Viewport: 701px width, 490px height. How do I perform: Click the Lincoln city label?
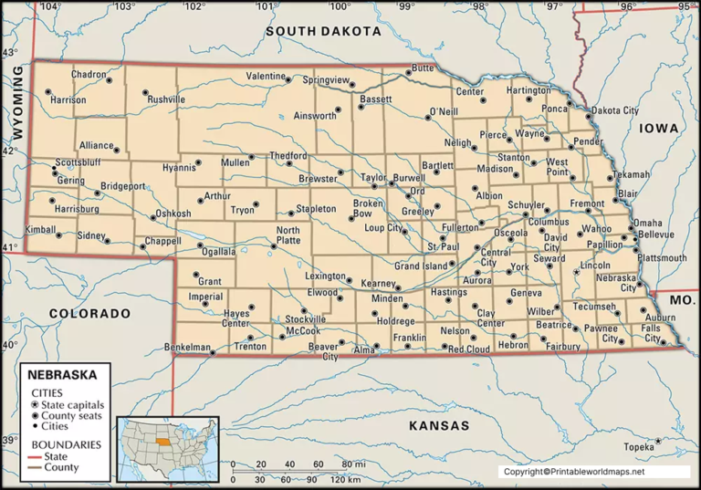coord(595,266)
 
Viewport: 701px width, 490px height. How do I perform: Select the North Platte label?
coord(288,235)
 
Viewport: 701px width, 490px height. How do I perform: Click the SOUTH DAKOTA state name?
coord(323,31)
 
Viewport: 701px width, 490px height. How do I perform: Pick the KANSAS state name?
coord(438,426)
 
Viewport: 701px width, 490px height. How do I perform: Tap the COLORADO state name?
coord(90,313)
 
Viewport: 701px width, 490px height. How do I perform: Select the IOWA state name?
coord(658,129)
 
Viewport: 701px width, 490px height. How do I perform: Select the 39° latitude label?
coord(10,441)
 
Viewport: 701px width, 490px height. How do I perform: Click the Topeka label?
coord(638,447)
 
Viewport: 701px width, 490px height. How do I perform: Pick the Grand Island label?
coord(421,266)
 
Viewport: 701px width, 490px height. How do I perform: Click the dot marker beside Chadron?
coord(110,80)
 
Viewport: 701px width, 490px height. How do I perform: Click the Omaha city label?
coord(648,223)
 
